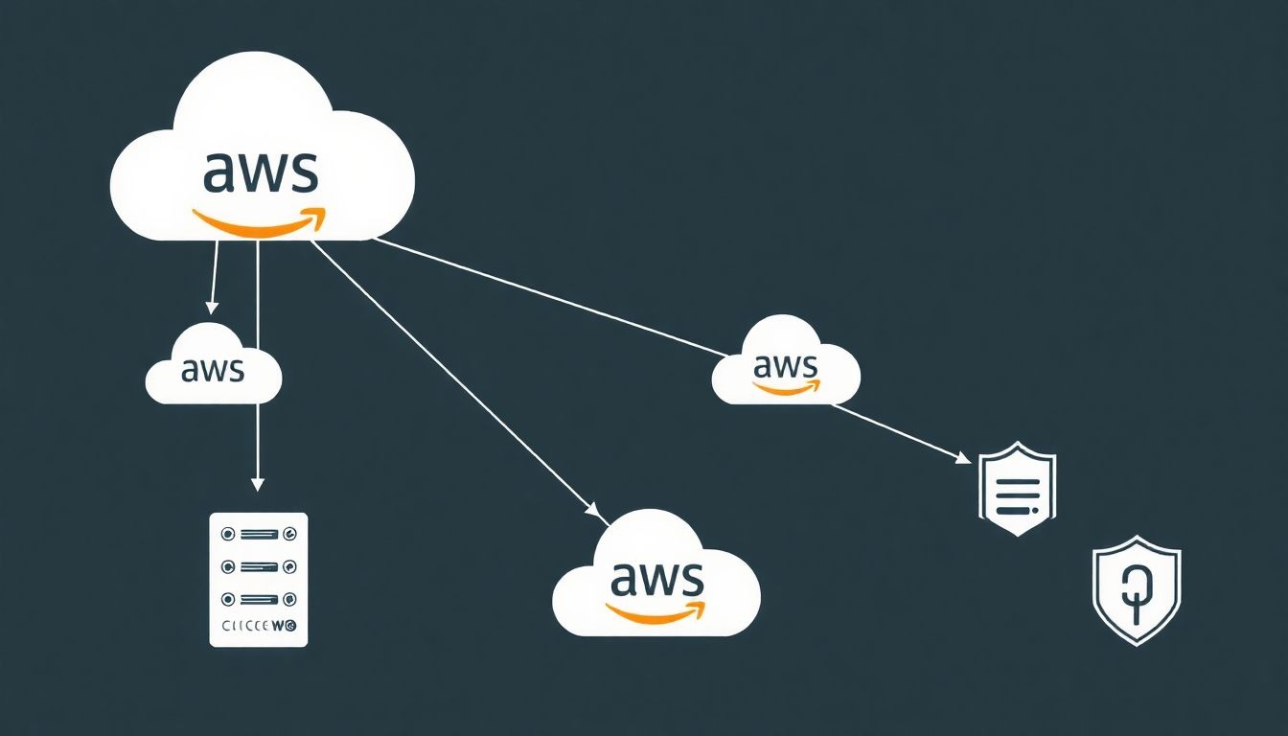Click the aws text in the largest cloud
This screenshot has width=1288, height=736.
coord(260,171)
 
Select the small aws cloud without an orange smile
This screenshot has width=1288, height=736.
coord(213,367)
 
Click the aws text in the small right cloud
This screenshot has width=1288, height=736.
coord(786,365)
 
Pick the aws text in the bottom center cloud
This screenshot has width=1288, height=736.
coord(656,578)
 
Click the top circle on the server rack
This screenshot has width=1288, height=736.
coord(228,533)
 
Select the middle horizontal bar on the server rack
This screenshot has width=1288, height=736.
coord(258,566)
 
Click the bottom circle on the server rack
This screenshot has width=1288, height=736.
coord(228,599)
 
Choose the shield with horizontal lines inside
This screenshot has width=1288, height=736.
coord(1017,488)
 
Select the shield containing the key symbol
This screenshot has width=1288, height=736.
coord(1137,590)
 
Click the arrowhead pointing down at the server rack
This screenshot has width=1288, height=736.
coord(257,484)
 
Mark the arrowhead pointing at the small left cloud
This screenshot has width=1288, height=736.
coord(213,308)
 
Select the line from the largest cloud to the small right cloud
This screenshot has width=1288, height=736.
coord(546,297)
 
